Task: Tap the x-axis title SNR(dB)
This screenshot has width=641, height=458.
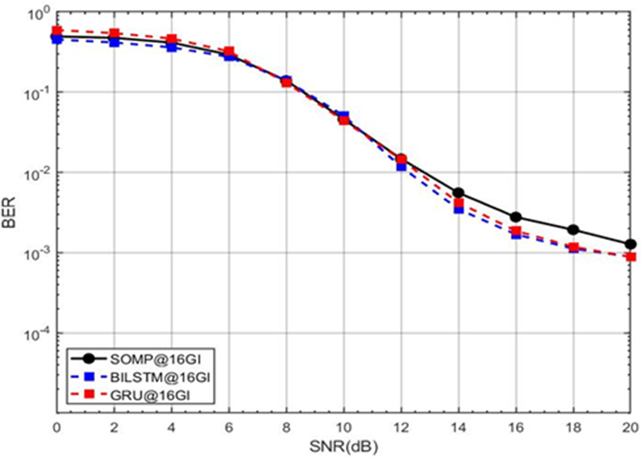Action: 345,448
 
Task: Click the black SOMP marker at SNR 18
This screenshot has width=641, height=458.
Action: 573,230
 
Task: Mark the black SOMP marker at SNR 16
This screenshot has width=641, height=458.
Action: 516,217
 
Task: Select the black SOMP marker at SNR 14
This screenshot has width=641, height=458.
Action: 458,193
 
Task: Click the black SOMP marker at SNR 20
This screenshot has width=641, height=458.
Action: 631,244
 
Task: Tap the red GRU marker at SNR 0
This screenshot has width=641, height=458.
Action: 57,30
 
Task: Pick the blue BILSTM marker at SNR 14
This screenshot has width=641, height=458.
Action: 458,209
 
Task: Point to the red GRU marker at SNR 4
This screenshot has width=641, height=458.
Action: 171,40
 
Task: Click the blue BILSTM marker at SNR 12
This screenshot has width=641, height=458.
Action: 401,165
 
